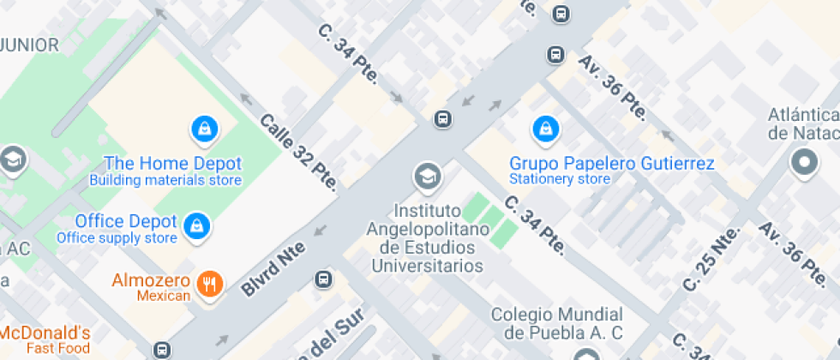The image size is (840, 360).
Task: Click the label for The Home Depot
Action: coord(172,163)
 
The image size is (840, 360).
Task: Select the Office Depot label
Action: coord(125,220)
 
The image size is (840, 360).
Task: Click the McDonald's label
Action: coord(45,333)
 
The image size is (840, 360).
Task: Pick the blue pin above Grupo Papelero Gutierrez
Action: coord(545,129)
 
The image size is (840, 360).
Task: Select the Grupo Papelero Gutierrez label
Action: coord(612,163)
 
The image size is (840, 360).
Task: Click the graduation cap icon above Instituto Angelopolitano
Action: coord(425,177)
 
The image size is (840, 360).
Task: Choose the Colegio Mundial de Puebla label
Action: coord(556,323)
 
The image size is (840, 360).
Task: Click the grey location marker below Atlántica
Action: coord(804,162)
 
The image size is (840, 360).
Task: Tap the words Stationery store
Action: coord(560,179)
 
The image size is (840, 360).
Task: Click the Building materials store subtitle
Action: coord(165,180)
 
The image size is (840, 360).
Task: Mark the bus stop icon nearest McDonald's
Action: coord(162,349)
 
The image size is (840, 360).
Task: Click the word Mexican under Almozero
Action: coord(163,296)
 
